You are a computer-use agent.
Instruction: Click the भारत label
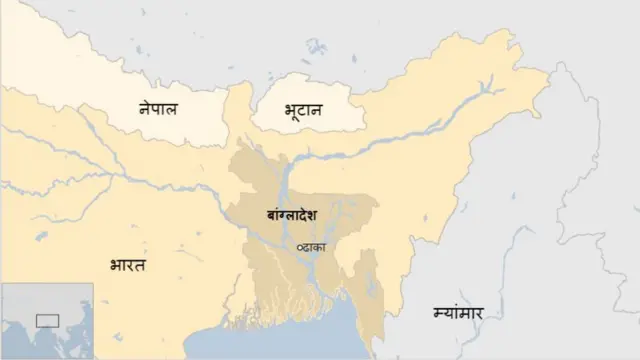[x=127, y=265]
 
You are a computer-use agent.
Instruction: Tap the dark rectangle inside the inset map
[x=47, y=321]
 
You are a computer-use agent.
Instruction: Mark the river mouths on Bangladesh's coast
[x=300, y=315]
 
